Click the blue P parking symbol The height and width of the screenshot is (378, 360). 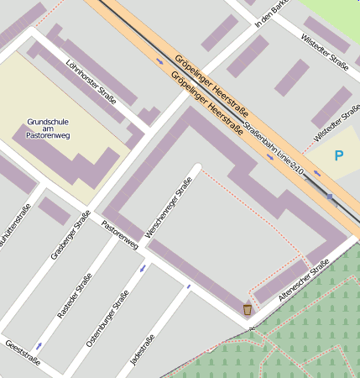(x=339, y=155)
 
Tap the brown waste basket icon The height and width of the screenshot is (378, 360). (x=247, y=309)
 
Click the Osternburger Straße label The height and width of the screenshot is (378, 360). (x=107, y=320)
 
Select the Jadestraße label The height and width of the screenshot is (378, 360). (x=143, y=352)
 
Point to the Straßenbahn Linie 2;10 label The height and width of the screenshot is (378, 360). (x=275, y=149)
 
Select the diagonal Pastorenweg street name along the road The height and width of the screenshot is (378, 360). (x=118, y=235)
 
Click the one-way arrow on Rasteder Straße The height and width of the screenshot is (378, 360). (x=40, y=344)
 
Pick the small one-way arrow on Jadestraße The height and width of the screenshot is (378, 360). (x=188, y=286)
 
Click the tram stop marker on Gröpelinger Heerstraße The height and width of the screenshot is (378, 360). (x=330, y=197)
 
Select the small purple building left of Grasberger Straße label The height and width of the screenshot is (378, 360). (x=54, y=211)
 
